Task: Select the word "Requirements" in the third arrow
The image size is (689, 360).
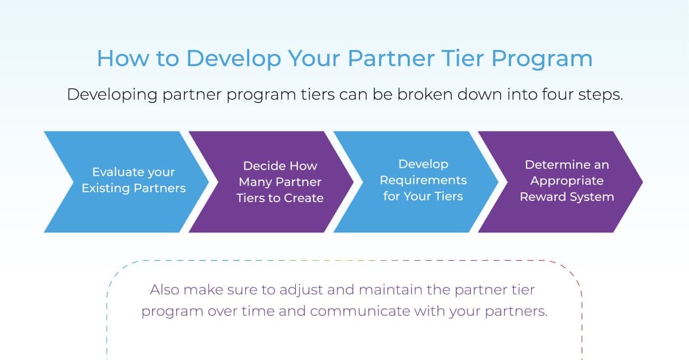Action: [x=423, y=180]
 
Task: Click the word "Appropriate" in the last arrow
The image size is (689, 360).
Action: [x=567, y=181]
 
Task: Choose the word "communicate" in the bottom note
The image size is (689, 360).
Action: [x=360, y=311]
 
